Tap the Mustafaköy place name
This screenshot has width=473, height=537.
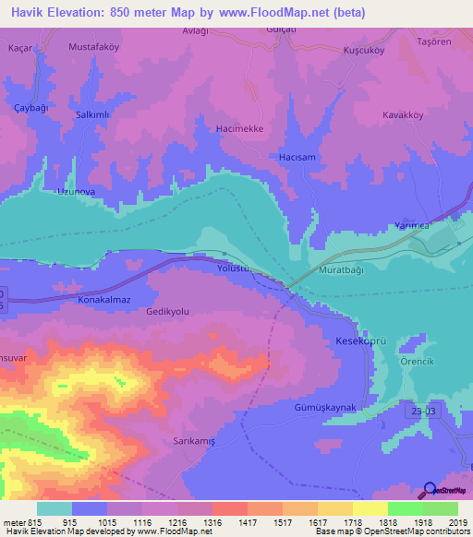point(94,45)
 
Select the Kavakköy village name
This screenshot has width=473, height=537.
point(404,115)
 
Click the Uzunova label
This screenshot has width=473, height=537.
point(77,192)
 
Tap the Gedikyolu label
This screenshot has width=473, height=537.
point(167,312)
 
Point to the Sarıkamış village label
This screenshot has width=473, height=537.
point(195,441)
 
